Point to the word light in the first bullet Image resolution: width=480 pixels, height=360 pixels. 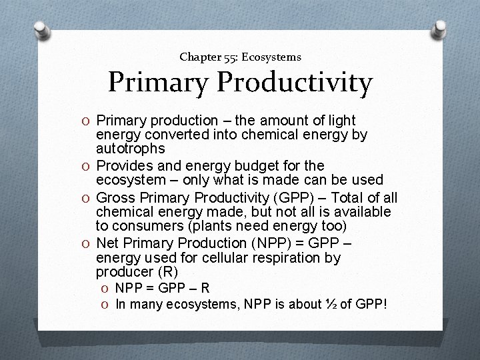click(x=342, y=121)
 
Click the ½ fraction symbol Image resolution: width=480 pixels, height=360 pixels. click(x=331, y=304)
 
